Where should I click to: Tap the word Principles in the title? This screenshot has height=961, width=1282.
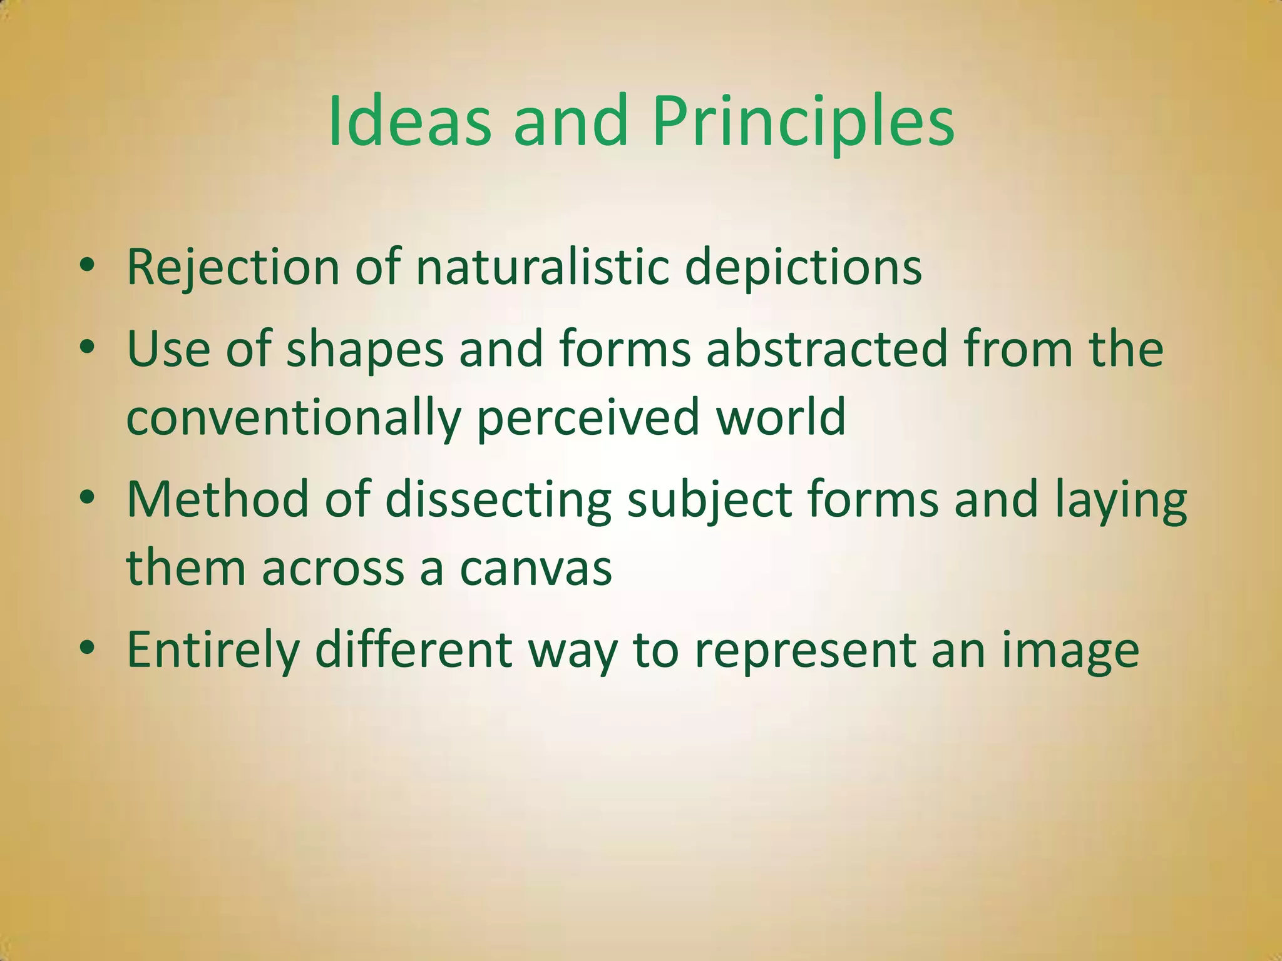[803, 122]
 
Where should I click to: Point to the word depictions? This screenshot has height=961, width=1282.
[803, 268]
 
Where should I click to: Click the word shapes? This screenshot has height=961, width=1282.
[365, 350]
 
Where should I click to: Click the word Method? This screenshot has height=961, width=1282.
[218, 499]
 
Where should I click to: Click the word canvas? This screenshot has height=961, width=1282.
[536, 568]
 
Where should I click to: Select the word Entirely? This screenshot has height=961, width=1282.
[213, 651]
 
